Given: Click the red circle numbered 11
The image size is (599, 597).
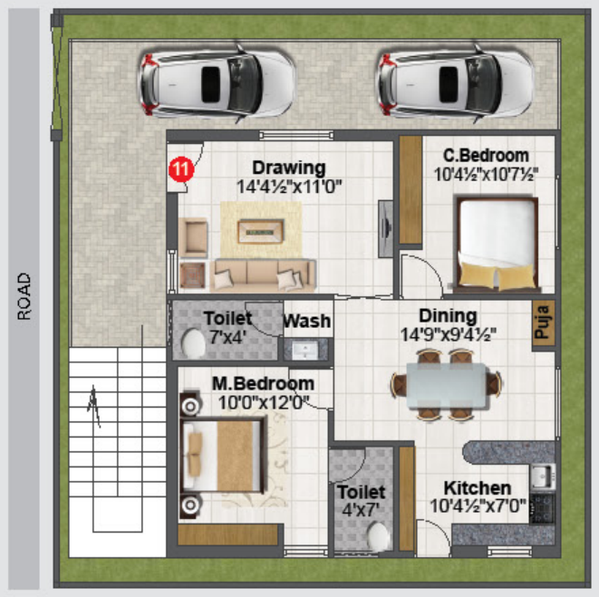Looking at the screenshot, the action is coord(181,169).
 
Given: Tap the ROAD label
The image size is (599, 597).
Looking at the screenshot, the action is coord(24,296).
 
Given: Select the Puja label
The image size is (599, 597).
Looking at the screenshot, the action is coord(543,322).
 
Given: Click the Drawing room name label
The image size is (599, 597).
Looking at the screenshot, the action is coord(289,168).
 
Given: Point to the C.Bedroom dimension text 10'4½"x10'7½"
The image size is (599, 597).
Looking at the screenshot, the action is coord(486,175).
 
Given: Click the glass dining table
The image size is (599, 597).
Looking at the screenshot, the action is coord(446,385).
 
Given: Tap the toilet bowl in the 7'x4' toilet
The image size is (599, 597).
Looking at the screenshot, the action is coord(193,343).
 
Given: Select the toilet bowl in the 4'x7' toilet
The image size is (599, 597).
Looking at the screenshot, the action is coord(378,536).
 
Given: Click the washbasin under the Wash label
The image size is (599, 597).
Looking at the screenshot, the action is coord(305,350).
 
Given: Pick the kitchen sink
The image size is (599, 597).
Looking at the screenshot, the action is coord(542,477).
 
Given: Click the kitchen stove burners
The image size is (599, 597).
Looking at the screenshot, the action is coord(542,508).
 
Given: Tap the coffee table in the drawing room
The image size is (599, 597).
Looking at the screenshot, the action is coord(261,232).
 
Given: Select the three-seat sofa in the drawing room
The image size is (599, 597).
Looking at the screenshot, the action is coord(263,275).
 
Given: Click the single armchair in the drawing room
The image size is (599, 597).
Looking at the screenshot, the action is coord(193,237).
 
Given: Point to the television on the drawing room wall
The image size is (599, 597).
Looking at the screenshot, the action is coord(386,229).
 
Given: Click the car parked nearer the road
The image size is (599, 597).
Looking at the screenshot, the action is coord(217,84).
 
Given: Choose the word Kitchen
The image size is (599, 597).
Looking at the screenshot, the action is coord(478,488).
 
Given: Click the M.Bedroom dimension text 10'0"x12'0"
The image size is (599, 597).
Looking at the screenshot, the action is coord(264,402).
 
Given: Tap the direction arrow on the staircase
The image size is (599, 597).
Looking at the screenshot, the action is coord(94,406).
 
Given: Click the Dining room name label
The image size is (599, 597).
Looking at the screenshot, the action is coord(448,316).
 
